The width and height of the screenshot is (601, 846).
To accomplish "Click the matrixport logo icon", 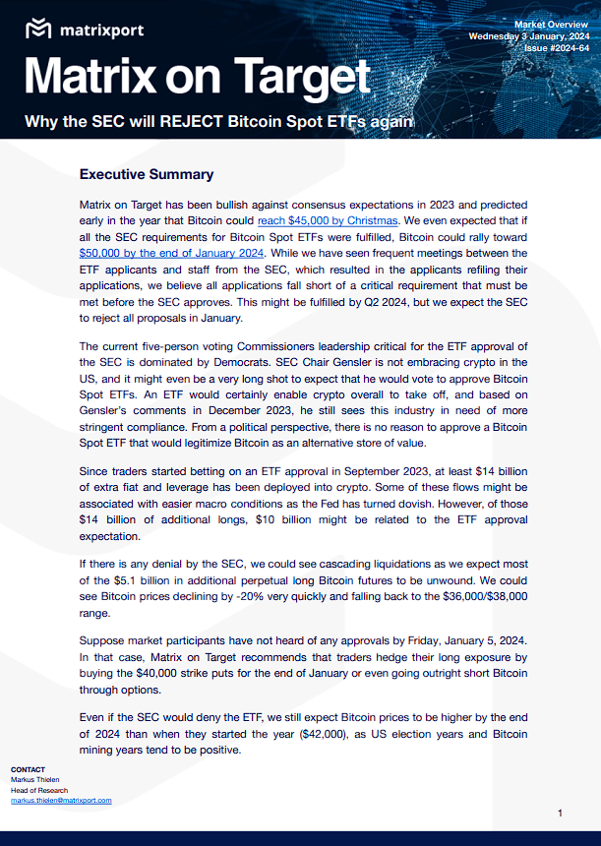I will click(x=38, y=29).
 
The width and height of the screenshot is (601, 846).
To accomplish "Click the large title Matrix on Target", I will click(x=198, y=78).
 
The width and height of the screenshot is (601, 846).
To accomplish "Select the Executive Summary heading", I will click(x=146, y=174).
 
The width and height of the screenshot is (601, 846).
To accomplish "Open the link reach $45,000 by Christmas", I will click(x=328, y=220).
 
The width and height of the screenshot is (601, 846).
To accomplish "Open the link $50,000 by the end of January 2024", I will click(x=172, y=252).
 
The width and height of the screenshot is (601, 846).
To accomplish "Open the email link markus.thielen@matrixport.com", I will click(x=61, y=801).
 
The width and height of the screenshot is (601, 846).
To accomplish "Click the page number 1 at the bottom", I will click(x=560, y=813).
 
